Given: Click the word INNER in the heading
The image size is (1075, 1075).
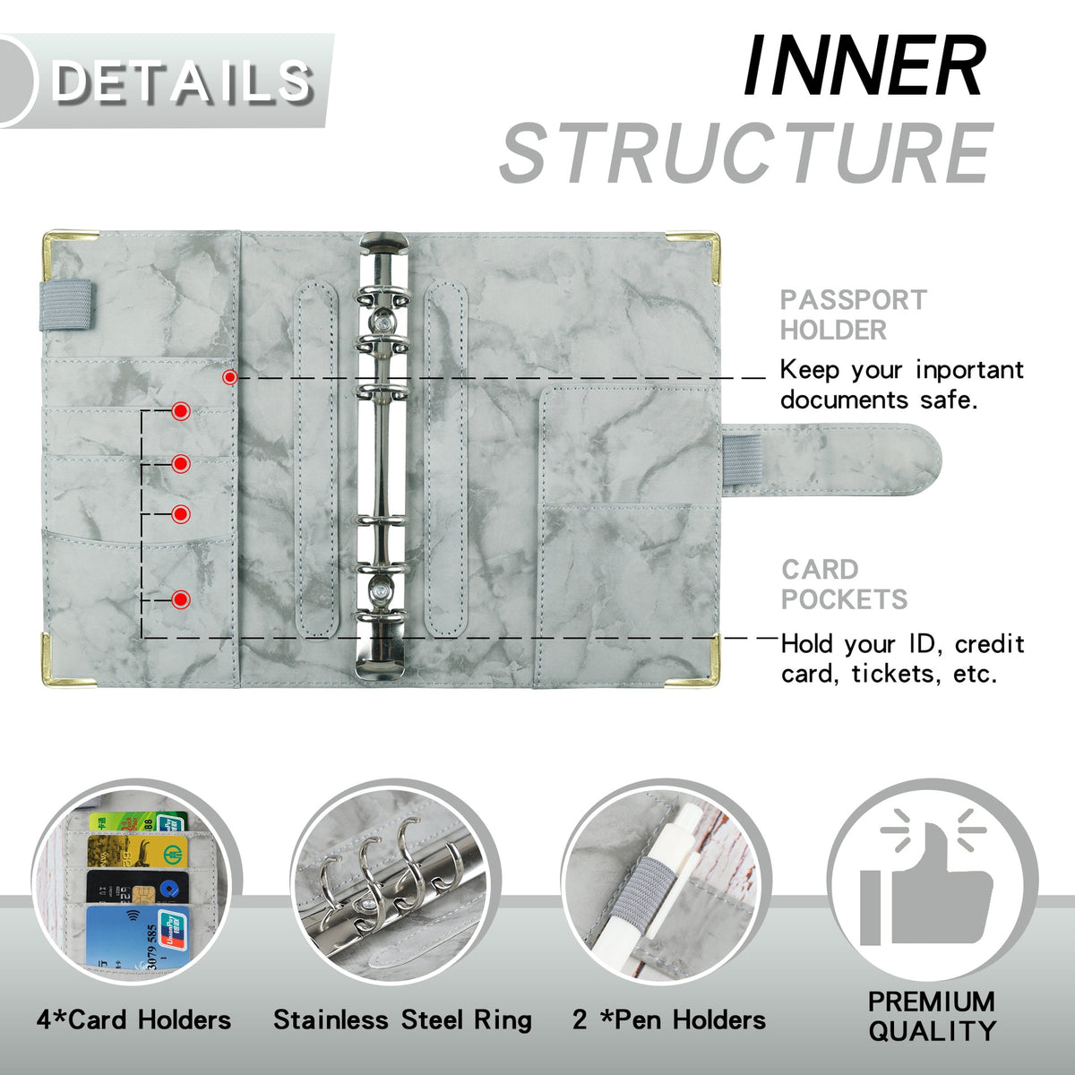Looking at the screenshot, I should [x=864, y=67].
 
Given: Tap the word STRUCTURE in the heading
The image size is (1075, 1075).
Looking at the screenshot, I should [x=746, y=154].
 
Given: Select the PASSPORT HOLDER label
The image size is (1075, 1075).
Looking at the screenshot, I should [x=852, y=314].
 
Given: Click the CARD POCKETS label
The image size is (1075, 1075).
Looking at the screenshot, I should [x=843, y=584].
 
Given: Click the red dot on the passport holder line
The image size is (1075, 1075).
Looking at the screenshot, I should [x=230, y=378].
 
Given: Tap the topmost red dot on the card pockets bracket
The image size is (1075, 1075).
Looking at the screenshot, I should [x=181, y=411].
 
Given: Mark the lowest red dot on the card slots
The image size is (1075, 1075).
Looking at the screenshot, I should [x=181, y=598].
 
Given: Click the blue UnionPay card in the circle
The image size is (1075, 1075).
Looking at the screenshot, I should [x=134, y=937].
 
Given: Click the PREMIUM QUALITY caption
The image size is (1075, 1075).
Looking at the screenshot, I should [x=931, y=1016].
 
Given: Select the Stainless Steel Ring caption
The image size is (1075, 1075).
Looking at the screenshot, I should [x=402, y=1019].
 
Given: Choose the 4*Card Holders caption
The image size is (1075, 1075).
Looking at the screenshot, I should [x=133, y=1019].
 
